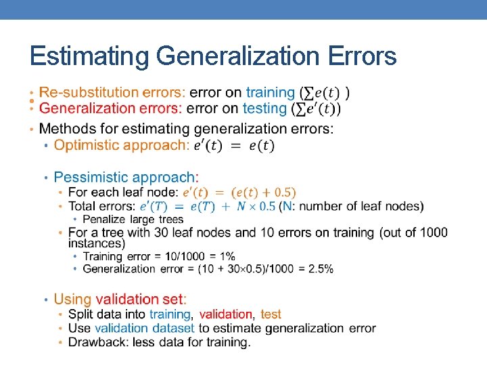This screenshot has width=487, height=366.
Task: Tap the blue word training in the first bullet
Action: pyautogui.click(x=271, y=92)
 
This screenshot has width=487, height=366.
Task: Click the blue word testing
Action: pyautogui.click(x=264, y=108)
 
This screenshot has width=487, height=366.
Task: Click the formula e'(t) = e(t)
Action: pyautogui.click(x=234, y=146)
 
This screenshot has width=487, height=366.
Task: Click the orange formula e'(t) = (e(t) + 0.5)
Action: pyautogui.click(x=239, y=193)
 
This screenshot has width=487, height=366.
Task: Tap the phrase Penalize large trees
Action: pyautogui.click(x=133, y=220)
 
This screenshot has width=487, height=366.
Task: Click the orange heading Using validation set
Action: pyautogui.click(x=120, y=299)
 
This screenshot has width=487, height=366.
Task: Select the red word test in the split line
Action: pyautogui.click(x=271, y=314)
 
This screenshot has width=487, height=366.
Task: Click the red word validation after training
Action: pyautogui.click(x=226, y=314)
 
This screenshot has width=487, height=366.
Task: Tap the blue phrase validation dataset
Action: pyautogui.click(x=144, y=328)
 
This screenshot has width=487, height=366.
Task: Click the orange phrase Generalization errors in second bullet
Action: pyautogui.click(x=111, y=108)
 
